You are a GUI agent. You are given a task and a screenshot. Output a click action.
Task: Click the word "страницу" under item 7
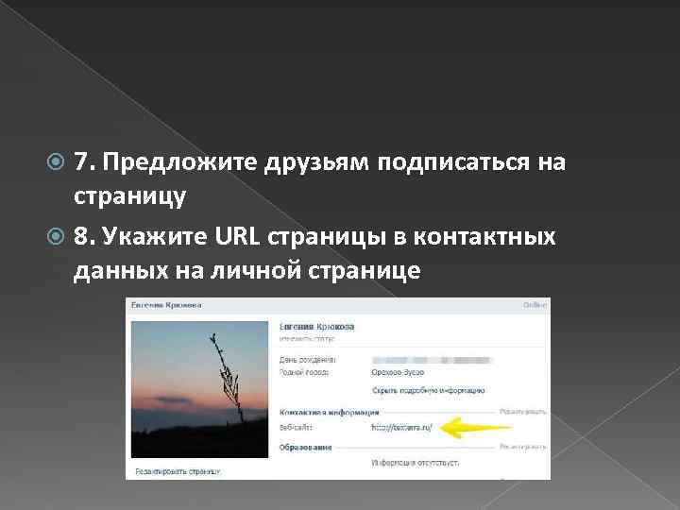(x=129, y=197)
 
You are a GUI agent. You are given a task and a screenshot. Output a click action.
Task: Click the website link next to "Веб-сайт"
(x=401, y=428)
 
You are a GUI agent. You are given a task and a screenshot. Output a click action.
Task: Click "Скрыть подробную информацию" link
(x=428, y=389)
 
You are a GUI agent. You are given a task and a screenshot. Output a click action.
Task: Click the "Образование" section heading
(x=305, y=445)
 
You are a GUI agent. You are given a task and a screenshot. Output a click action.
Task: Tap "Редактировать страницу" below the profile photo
(x=178, y=469)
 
